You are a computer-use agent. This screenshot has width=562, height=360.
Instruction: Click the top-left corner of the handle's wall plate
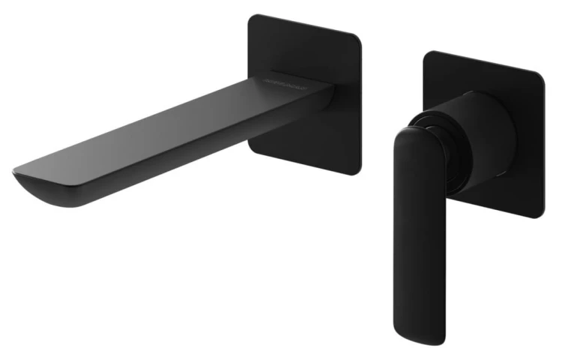428,55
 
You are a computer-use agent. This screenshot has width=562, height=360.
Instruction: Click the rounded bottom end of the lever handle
420,330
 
